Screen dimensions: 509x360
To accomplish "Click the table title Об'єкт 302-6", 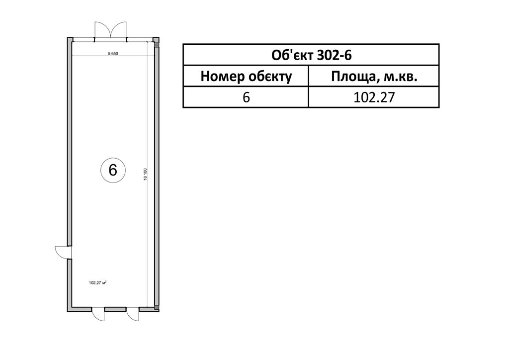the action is (311, 55).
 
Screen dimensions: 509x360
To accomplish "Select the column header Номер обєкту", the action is (246, 77).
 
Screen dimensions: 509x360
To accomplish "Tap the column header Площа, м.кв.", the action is (374, 77).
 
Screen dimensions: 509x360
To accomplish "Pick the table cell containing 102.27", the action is (374, 97).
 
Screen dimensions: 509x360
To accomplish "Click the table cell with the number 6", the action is (246, 97).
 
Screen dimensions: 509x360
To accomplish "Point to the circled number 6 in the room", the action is (113, 170).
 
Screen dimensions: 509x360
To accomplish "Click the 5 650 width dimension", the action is (113, 54).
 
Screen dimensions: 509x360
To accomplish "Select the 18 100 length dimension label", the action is (146, 175).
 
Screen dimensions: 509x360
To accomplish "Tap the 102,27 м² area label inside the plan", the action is (98, 283).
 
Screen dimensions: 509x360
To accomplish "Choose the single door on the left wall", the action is (64, 252).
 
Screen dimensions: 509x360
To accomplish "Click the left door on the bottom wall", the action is (98, 314).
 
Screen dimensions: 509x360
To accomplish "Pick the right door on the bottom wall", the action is (132, 314).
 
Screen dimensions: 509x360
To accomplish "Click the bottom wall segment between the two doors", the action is (115, 309).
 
